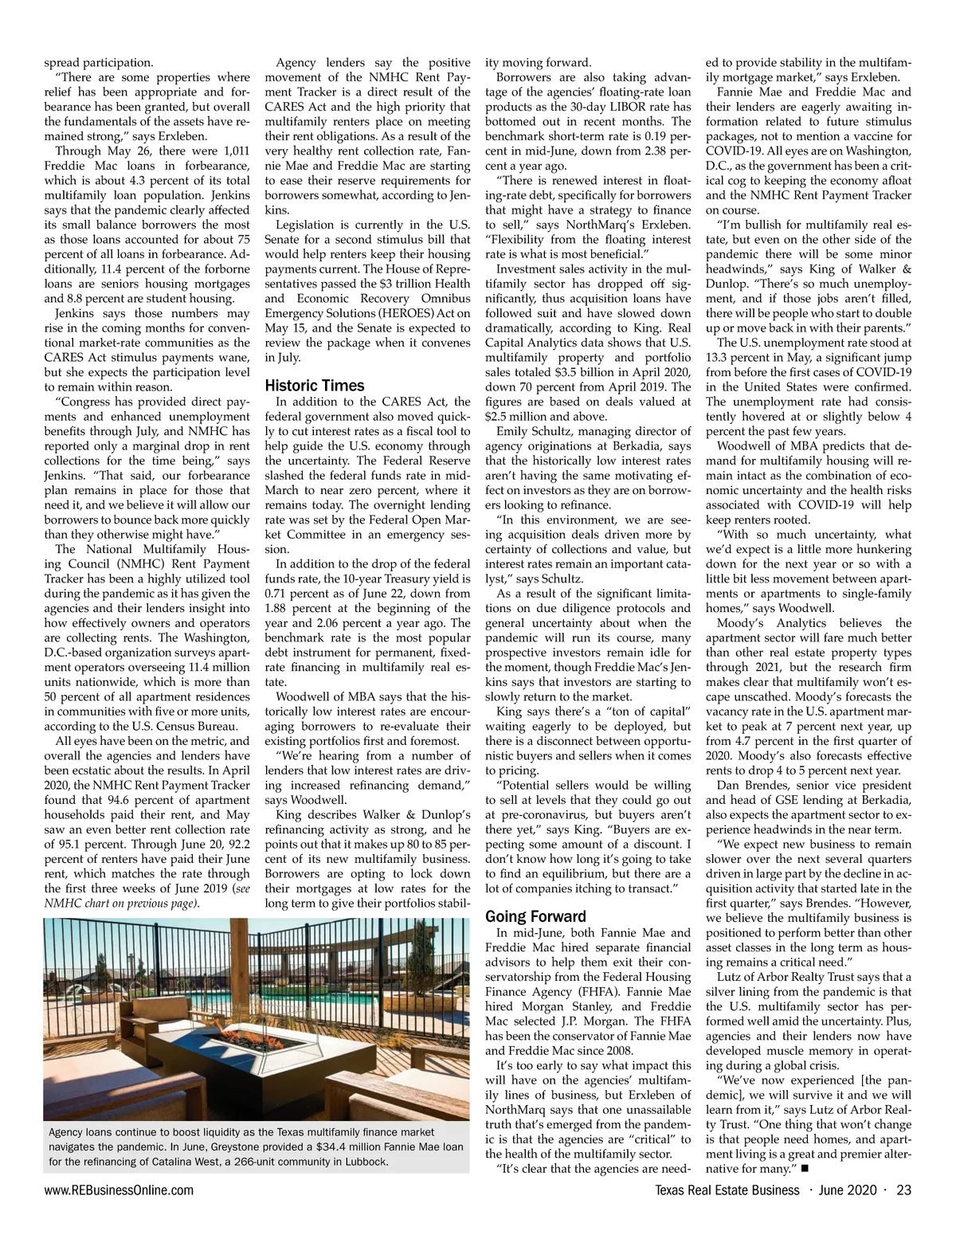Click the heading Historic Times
[x=314, y=386]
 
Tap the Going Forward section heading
[x=535, y=916]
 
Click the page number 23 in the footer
[x=903, y=1190]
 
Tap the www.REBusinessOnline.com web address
[x=119, y=1190]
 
